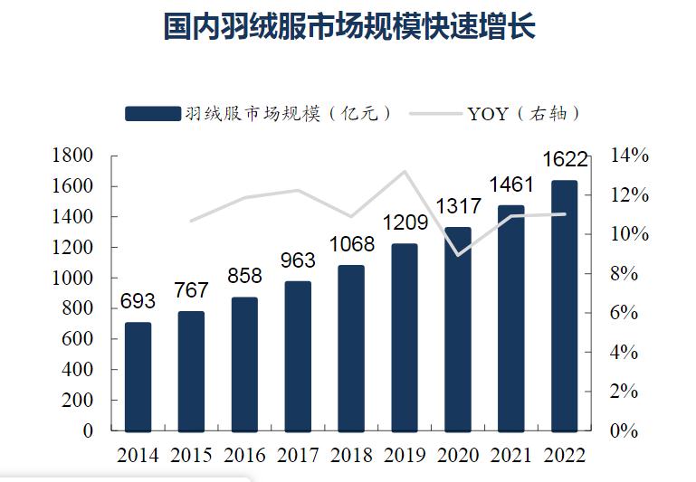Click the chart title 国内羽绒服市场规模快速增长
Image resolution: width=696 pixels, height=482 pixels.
[x=349, y=26]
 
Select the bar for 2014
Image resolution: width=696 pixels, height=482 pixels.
[x=138, y=376]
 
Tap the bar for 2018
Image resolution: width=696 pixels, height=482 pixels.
[x=350, y=348]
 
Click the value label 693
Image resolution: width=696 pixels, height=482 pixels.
[x=138, y=301]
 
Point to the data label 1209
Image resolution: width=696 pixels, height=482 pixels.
[x=405, y=222]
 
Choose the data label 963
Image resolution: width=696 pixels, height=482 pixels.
[x=298, y=260]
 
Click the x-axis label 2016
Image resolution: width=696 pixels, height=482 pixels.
[x=244, y=455]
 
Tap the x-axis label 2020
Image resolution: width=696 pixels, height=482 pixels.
[x=458, y=455]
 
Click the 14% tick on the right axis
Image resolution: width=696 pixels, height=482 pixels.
[x=630, y=156]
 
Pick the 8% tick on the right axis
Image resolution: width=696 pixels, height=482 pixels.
[x=630, y=273]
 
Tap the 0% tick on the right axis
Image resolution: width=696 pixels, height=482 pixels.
[x=630, y=431]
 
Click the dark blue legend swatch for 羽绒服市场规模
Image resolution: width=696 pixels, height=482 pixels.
[x=152, y=113]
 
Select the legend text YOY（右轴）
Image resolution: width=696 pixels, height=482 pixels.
[x=523, y=113]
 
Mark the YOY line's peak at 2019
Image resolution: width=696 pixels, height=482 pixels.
[x=405, y=172]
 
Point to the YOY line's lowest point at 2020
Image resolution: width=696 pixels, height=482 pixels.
[x=458, y=255]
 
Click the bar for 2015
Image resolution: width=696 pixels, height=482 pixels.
[x=191, y=371]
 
